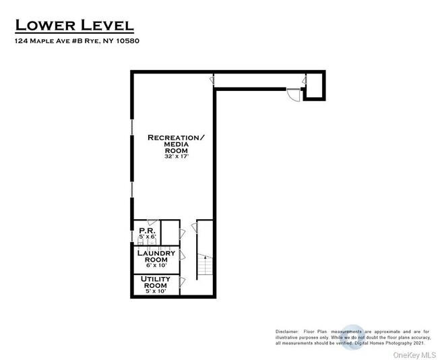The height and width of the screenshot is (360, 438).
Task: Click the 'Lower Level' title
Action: (74, 26)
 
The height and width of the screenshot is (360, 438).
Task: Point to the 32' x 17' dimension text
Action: (176, 156)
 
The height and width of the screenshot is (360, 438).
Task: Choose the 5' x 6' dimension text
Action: (147, 237)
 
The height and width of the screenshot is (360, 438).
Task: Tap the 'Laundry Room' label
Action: (156, 256)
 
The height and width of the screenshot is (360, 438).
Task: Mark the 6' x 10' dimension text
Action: (156, 267)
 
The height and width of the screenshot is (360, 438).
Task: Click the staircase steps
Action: (204, 267)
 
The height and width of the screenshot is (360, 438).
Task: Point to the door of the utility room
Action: (181, 283)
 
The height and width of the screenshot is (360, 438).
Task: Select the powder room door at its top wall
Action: (152, 223)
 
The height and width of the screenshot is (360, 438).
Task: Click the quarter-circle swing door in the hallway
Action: (293, 95)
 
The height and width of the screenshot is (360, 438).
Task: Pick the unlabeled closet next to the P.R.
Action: (170, 232)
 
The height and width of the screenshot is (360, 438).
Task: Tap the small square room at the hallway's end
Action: (314, 86)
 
